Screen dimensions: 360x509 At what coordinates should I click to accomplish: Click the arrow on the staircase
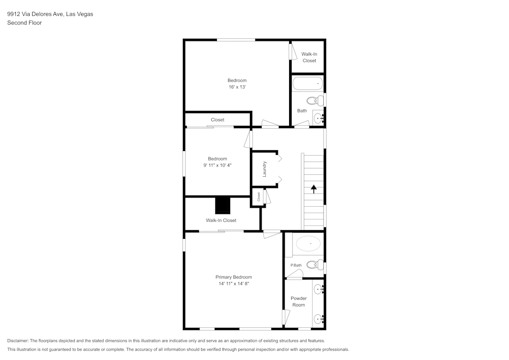coord(314,188)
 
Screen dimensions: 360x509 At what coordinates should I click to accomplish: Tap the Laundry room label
coord(265,169)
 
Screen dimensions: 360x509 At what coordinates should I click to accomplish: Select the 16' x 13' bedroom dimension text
coord(237,87)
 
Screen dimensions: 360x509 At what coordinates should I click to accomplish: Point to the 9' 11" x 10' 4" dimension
coord(217,165)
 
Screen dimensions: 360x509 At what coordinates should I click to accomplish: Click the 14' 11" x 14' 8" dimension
coord(234,284)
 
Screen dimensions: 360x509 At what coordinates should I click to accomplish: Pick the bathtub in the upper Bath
coord(307,83)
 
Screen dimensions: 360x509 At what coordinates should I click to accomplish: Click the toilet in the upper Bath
coord(316,100)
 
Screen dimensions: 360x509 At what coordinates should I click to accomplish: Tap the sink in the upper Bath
coord(319,118)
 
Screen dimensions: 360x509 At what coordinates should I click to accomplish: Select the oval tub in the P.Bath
coord(309,244)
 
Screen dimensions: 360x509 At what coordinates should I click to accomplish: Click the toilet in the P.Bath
coord(316,264)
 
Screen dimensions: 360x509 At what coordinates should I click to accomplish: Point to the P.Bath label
coord(296,265)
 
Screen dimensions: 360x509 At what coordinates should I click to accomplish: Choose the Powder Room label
coord(298,301)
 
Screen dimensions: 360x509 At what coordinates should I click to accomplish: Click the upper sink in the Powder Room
coord(319,289)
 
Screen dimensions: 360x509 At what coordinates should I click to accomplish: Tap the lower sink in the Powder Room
coord(319,319)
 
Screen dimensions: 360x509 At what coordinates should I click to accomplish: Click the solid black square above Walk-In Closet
coord(223,205)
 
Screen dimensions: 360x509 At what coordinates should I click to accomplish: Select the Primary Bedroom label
coord(234,277)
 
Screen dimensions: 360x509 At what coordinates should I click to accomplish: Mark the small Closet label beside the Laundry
coord(259,197)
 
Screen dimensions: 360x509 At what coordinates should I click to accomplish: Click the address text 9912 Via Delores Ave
coord(50,14)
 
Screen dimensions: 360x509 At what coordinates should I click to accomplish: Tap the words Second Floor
coord(24,23)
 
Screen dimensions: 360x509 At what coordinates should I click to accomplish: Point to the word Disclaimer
coord(18,341)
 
